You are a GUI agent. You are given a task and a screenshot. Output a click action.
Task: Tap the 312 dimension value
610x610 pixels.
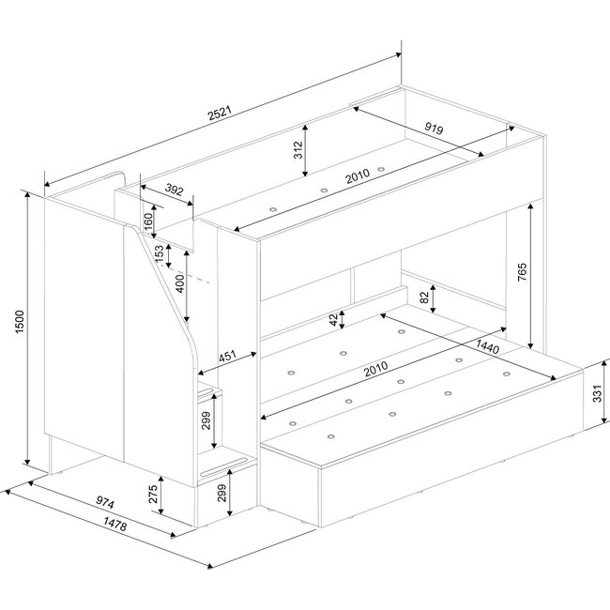(298, 152)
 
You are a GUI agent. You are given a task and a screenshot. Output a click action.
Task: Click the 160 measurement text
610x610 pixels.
(149, 221)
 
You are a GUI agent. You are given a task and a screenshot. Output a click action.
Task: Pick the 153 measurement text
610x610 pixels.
(159, 252)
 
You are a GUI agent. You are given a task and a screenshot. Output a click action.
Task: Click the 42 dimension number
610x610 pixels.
(335, 319)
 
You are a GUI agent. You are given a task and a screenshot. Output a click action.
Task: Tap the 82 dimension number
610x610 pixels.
(424, 297)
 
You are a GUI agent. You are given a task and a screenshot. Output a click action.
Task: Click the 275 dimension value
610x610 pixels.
(154, 494)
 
